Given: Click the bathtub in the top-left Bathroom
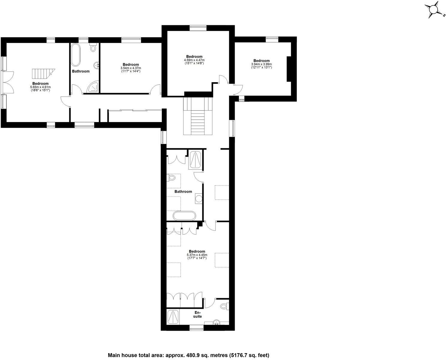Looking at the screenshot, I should pyautogui.click(x=75, y=55).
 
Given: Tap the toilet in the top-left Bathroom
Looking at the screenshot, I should pyautogui.click(x=93, y=48).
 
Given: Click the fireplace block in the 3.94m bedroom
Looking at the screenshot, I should pyautogui.click(x=289, y=69).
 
